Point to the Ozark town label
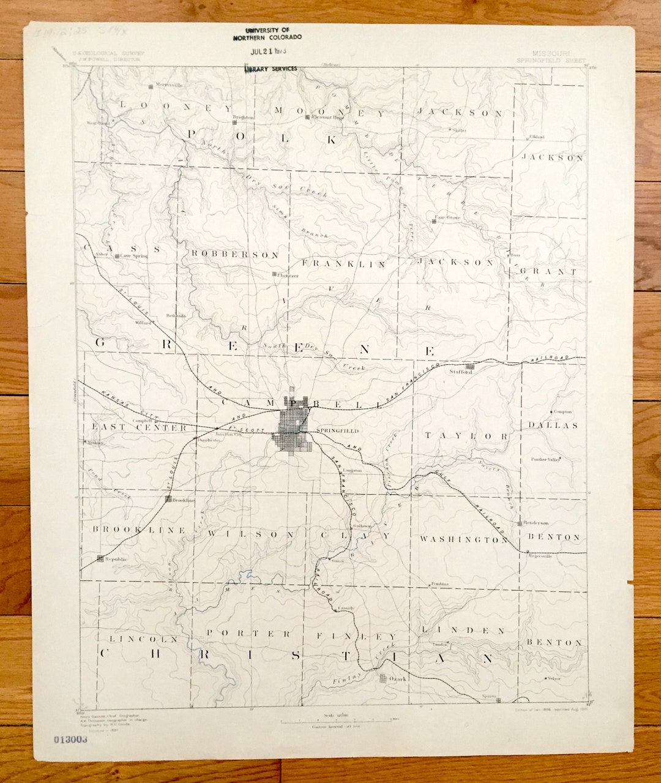397,678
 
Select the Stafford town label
460,372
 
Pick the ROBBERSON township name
235,255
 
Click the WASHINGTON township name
463,539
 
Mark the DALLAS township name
553,425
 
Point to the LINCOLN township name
143,639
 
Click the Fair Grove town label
447,217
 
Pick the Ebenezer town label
288,275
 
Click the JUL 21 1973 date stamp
269,51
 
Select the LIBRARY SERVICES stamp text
271,69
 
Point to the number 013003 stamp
70,739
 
